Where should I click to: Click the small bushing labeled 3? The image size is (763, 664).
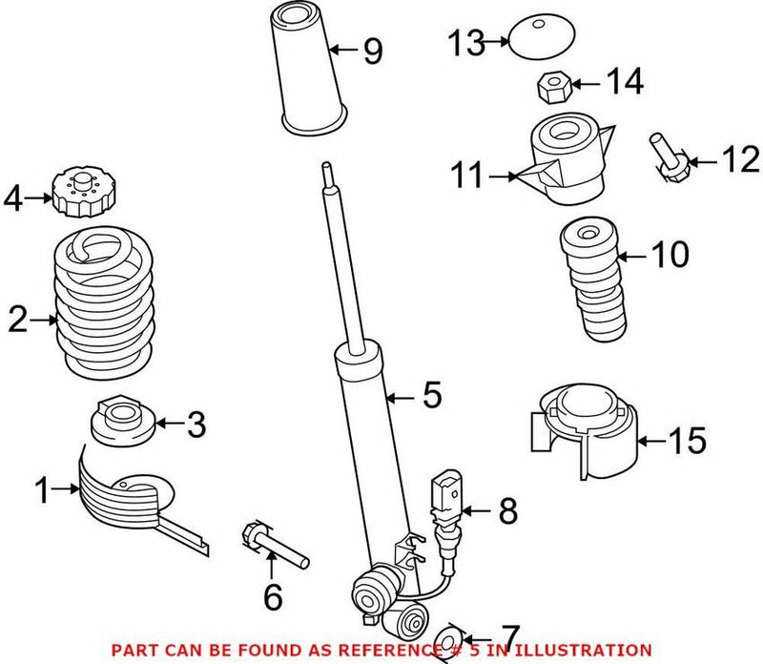pos(121,425)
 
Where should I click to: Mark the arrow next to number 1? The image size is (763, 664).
pos(70,491)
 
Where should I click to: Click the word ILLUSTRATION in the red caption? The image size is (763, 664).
pos(590,649)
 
